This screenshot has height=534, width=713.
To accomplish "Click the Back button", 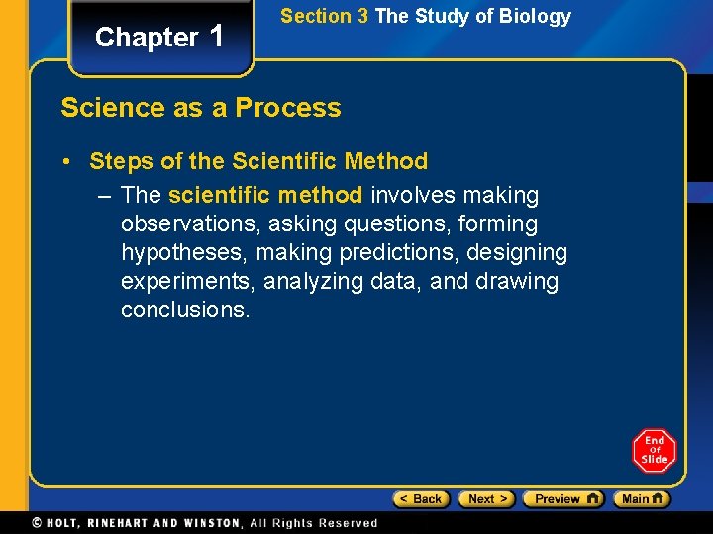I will [421, 499].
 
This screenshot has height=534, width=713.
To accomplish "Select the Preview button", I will [562, 499].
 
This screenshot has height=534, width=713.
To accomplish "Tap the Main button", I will [641, 499].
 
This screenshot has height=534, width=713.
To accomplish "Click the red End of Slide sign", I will [654, 451].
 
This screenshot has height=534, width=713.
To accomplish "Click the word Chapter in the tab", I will [147, 38].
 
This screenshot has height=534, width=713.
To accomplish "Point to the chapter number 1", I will [217, 36].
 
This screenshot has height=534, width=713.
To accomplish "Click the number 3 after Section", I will [361, 17].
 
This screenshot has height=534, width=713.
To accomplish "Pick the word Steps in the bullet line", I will [121, 161].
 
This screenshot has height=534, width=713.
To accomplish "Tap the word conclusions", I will [185, 310].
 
